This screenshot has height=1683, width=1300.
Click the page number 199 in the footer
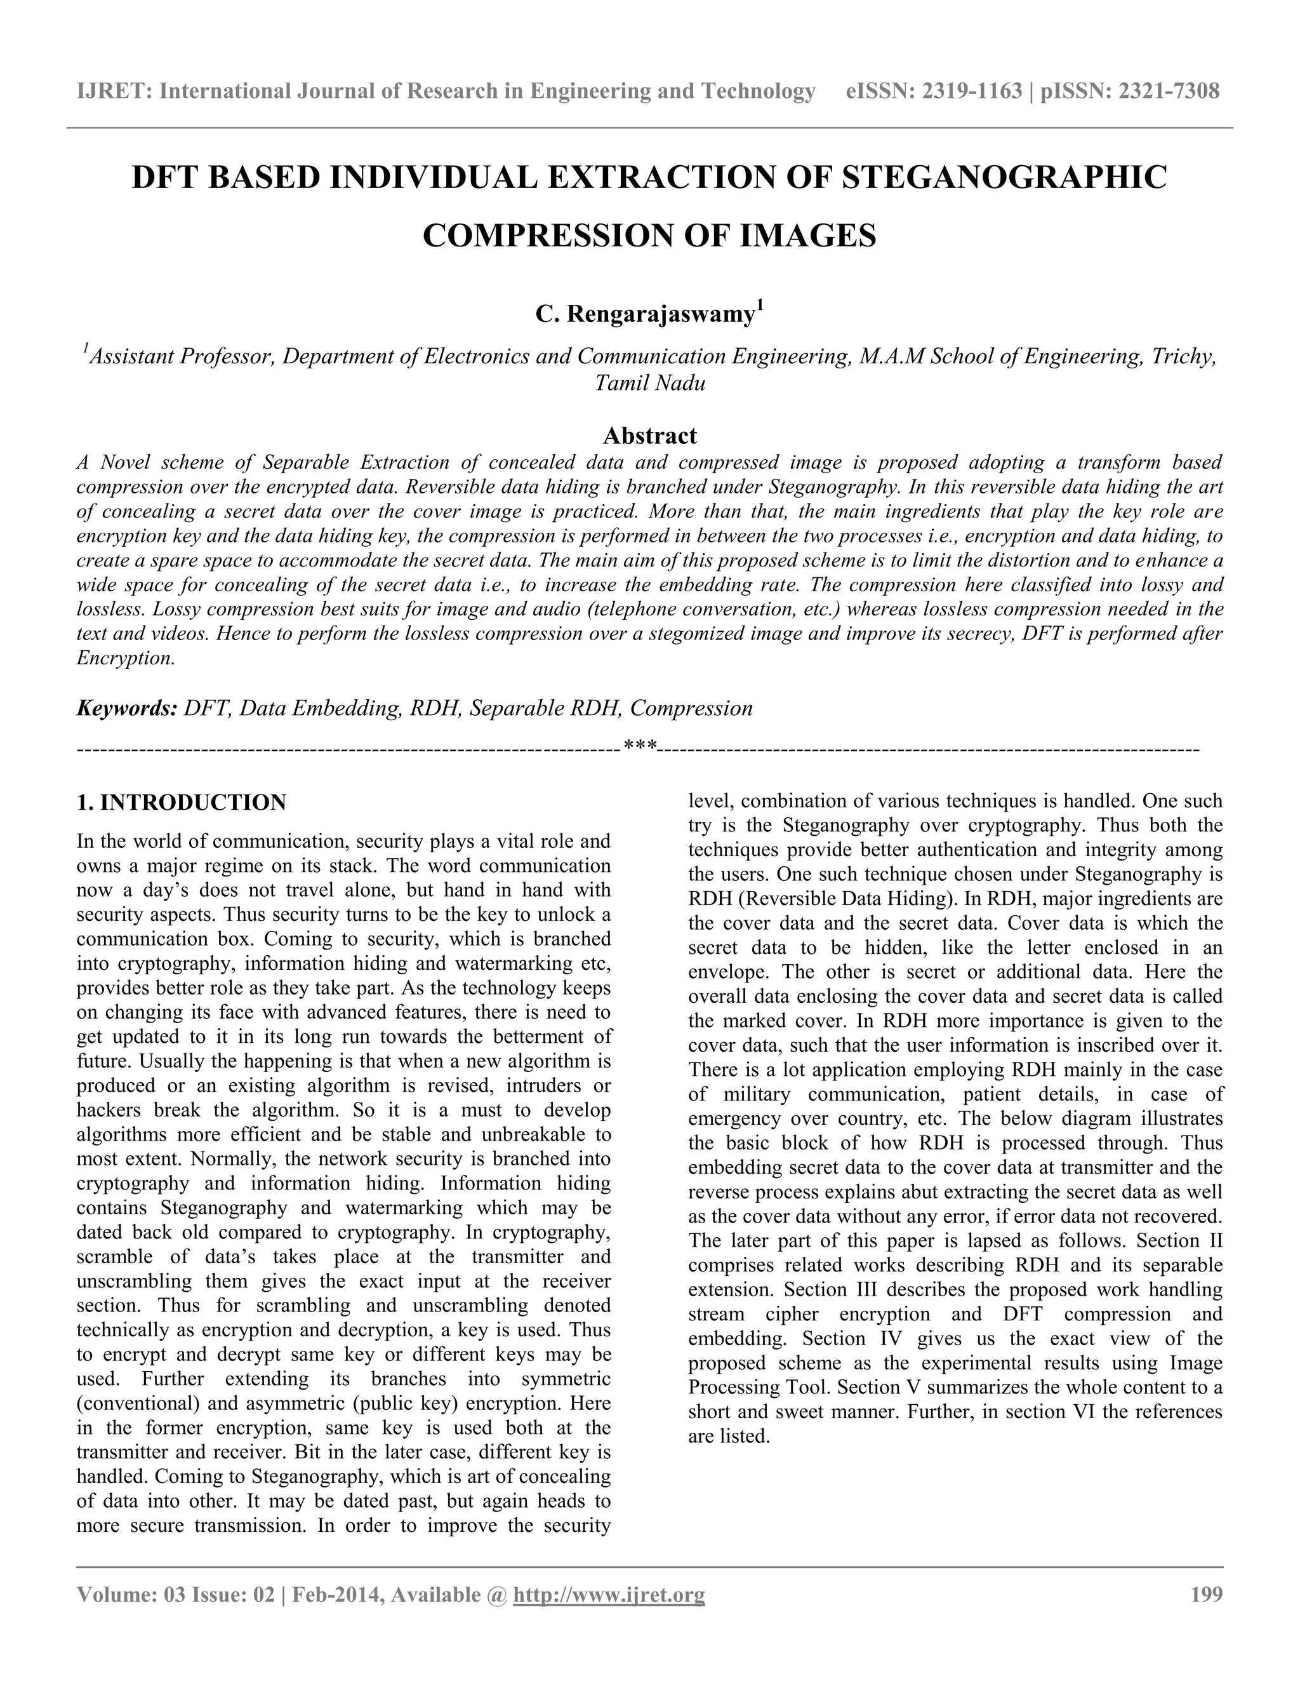(x=1206, y=1594)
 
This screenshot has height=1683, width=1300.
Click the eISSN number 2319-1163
(x=971, y=91)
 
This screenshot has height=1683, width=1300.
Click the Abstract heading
(x=649, y=436)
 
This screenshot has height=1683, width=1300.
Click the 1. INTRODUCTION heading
(x=181, y=802)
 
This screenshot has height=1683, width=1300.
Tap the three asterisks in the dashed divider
(x=640, y=747)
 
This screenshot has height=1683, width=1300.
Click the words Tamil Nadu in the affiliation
(x=649, y=383)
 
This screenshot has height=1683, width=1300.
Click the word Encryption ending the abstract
(x=125, y=659)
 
